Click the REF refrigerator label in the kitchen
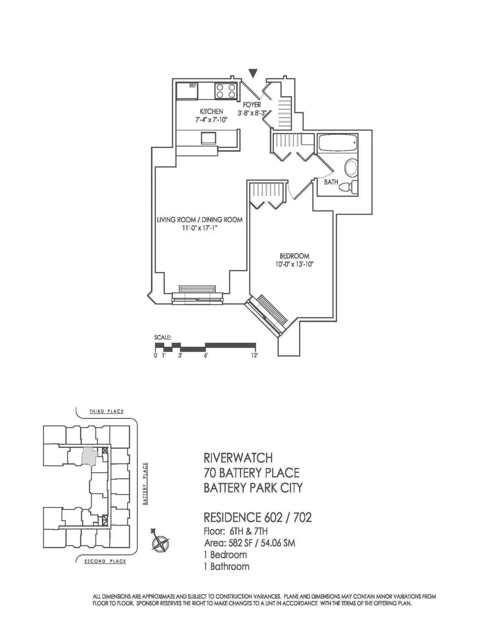193,86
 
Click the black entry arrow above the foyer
253,73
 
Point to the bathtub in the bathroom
337,144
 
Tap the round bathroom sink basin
351,168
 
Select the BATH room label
331,182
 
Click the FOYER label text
252,105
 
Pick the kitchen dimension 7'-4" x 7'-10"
211,120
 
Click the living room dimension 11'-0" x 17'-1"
200,228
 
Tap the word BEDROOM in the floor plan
294,256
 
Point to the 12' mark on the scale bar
255,355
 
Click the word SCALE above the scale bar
163,337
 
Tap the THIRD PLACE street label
107,411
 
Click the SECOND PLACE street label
105,561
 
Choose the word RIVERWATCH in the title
238,458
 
